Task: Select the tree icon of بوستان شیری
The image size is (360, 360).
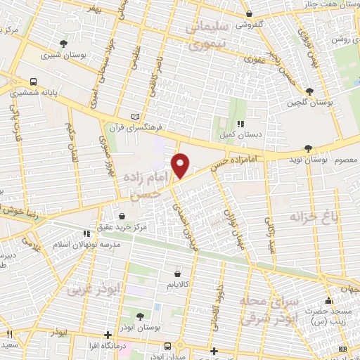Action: point(64,44)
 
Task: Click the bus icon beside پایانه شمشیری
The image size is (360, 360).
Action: point(34,82)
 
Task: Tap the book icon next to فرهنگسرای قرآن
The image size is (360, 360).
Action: point(136,117)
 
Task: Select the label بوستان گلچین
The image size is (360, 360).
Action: point(309,103)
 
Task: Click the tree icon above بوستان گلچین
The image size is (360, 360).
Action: point(309,91)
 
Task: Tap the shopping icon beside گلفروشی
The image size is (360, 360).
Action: point(249,13)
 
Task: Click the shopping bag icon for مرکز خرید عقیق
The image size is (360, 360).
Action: point(124,217)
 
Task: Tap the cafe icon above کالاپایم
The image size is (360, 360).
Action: point(176,274)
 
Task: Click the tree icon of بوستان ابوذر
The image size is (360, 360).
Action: point(140,316)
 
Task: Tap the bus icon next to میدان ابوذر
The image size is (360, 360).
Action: point(167,346)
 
